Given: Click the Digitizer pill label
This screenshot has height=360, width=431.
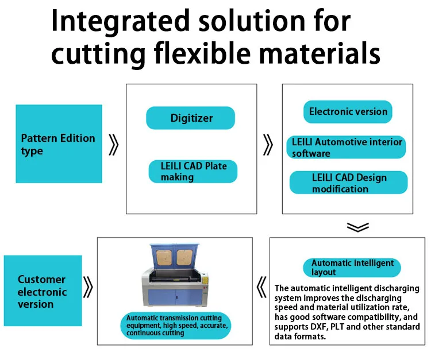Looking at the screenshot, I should (191, 118).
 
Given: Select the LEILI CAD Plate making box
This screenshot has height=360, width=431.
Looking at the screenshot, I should (193, 172).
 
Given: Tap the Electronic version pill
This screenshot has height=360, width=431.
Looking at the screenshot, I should (348, 111).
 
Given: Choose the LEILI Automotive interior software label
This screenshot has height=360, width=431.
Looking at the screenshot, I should (347, 148).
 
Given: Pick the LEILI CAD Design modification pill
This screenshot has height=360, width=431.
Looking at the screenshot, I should (348, 183).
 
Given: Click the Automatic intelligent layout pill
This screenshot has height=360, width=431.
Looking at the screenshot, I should (352, 267).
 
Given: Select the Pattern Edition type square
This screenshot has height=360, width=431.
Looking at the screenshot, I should (59, 144).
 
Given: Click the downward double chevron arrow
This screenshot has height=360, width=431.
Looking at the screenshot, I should (357, 227).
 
